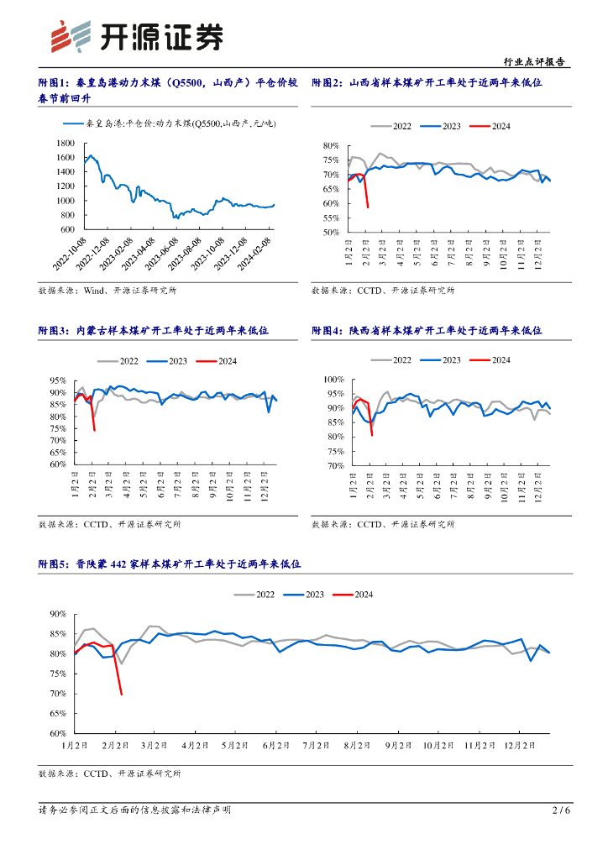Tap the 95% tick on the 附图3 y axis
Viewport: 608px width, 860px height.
(x=59, y=380)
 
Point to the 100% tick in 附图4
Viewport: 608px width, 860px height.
(x=333, y=380)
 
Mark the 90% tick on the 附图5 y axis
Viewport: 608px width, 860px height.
(x=57, y=614)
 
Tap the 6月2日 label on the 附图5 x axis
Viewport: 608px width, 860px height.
(x=275, y=745)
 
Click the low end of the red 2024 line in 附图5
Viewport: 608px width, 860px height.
(x=122, y=694)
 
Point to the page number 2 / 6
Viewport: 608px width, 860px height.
(x=561, y=810)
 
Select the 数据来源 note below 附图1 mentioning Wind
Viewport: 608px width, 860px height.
(x=107, y=291)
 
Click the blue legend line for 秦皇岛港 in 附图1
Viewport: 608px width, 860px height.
(x=74, y=124)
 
